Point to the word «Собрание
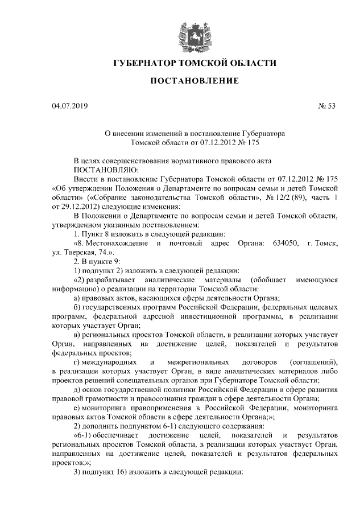(107, 197)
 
